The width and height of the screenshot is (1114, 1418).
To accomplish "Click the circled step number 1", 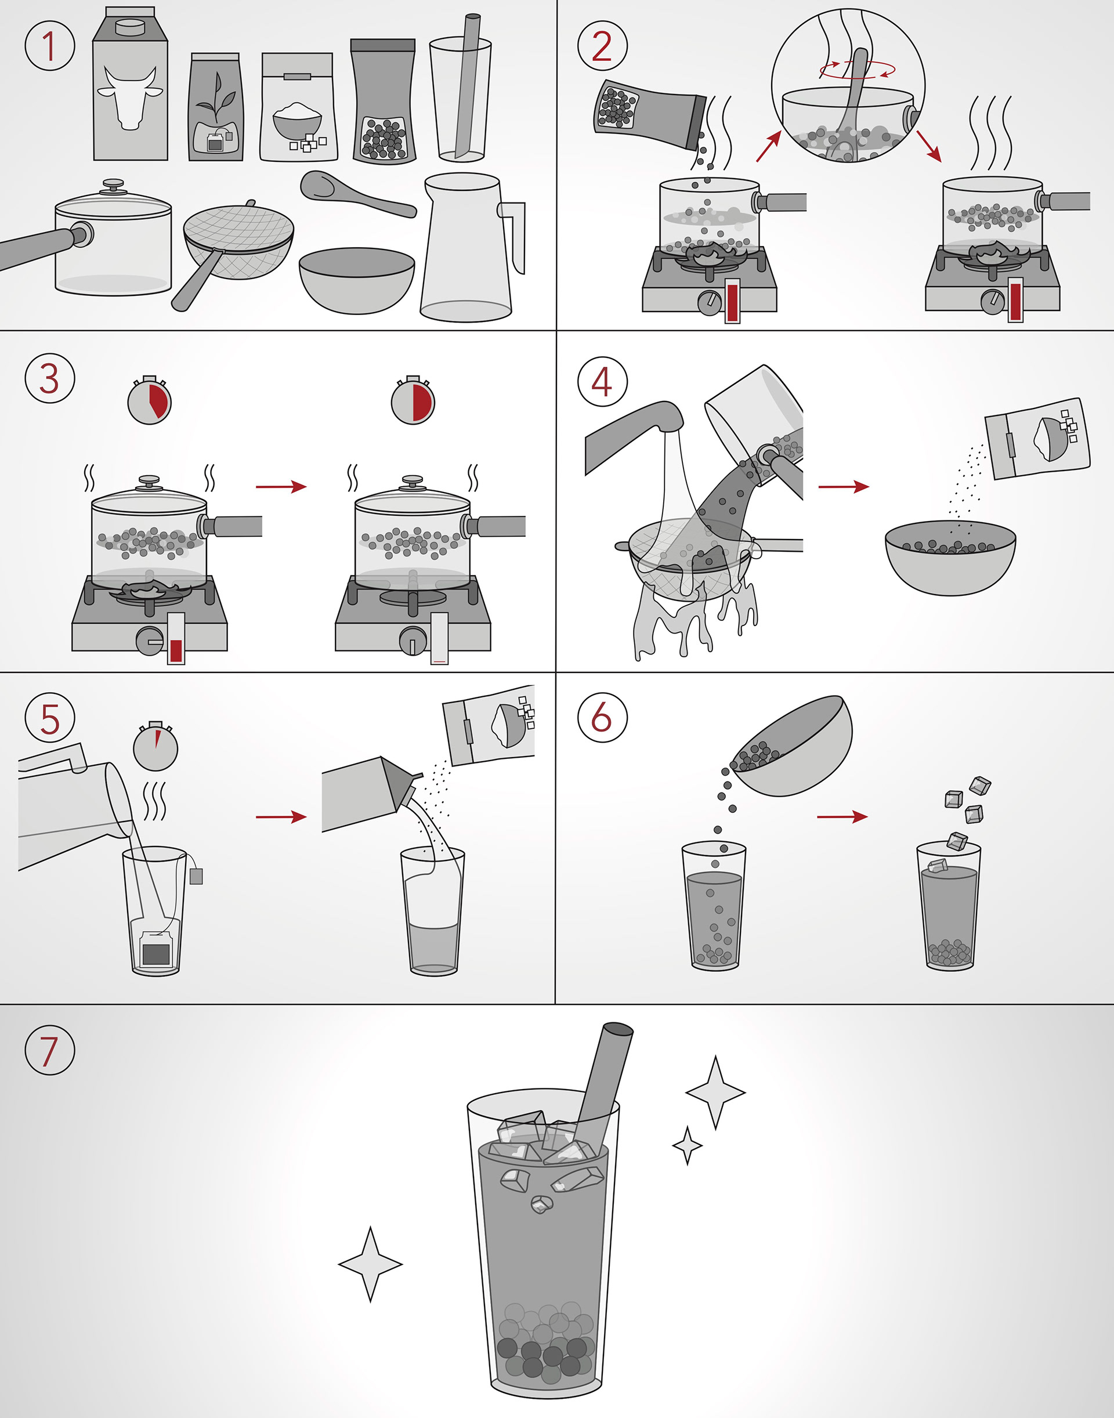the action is [49, 46].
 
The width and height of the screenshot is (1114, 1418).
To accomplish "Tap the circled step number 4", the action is [602, 382].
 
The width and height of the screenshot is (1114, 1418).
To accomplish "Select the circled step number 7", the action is [49, 1050].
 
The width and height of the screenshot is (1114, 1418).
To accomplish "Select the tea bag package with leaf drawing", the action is [215, 107].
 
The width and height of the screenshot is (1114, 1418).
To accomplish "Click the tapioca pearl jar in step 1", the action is [384, 100].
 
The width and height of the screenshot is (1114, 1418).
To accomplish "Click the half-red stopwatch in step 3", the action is [413, 400].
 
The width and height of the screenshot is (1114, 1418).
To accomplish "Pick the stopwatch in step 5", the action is [155, 746].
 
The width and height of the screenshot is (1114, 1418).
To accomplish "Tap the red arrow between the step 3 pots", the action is [281, 487].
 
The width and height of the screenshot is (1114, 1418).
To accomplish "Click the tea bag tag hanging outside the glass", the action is [196, 876].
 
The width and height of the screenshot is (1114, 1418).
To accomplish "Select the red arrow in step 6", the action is [842, 816].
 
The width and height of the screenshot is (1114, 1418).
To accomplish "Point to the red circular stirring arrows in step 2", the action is [857, 68].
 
